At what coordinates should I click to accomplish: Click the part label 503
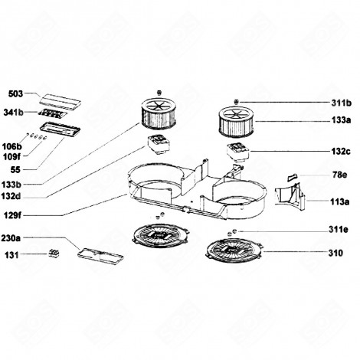coord(15,96)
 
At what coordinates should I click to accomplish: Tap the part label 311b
coord(341,102)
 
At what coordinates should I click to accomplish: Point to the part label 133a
coord(341,121)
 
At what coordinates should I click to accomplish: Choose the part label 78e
coord(341,175)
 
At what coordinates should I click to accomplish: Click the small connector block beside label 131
coord(54,252)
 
